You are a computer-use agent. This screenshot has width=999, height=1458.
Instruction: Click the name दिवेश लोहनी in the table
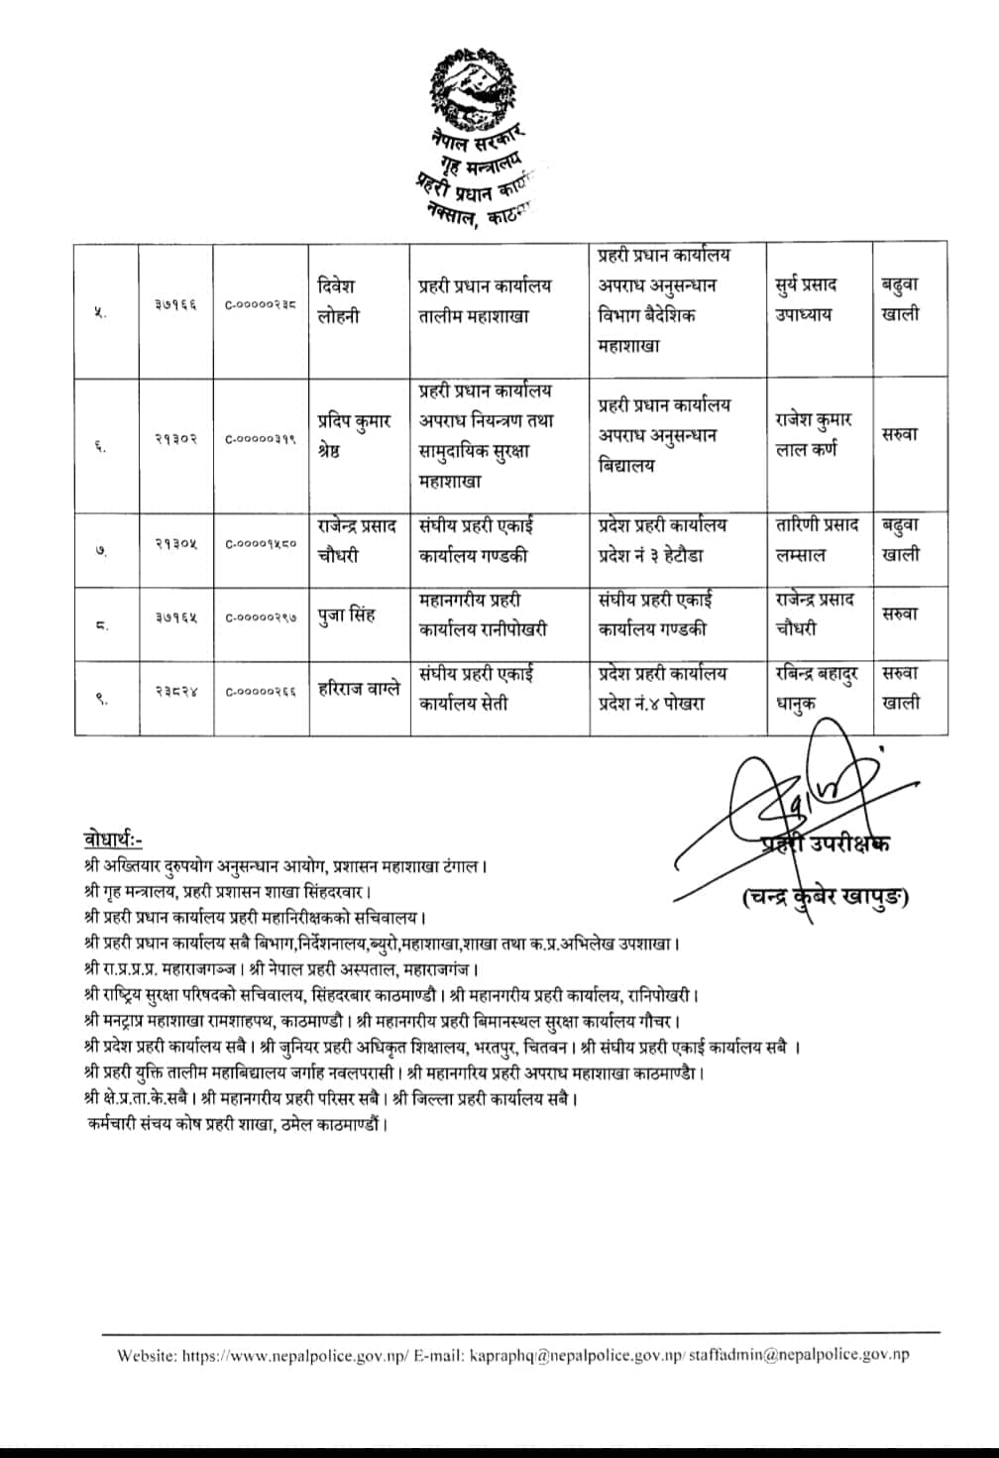point(338,301)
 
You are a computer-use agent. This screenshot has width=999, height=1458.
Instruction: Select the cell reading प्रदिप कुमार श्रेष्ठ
point(354,434)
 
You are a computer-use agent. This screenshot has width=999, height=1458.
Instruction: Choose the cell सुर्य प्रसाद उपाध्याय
point(806,299)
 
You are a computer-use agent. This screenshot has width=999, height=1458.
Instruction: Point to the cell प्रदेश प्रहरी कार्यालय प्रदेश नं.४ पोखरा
point(662,688)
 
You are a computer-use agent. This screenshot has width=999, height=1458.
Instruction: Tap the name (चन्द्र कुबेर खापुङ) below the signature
point(826,898)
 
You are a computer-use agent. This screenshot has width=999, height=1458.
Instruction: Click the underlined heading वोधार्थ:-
point(113,841)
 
